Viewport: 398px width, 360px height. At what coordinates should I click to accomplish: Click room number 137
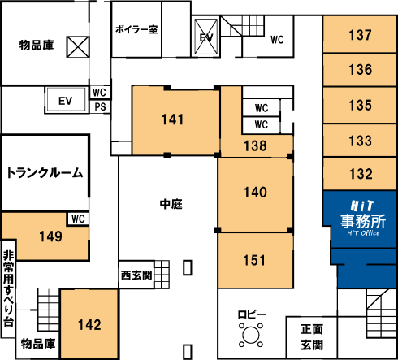point(360,35)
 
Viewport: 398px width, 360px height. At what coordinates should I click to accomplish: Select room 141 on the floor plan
point(172,119)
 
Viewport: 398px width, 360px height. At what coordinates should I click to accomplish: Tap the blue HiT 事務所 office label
point(363,219)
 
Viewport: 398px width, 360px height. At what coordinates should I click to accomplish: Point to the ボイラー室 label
point(136,29)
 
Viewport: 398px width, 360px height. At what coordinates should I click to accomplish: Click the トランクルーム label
point(45,172)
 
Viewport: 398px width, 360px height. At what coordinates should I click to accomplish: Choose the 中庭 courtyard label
point(171,204)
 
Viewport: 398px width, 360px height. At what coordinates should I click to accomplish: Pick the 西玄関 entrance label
point(136,275)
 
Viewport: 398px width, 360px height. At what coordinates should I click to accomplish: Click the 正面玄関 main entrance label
point(312,337)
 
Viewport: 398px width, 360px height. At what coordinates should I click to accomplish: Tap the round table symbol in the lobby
point(251,335)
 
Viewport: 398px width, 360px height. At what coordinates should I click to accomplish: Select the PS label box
point(100,106)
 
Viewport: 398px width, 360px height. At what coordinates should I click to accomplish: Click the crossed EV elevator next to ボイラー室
point(206,37)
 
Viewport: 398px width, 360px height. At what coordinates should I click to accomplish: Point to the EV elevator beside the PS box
point(66,101)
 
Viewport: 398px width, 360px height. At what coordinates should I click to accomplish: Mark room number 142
point(89,324)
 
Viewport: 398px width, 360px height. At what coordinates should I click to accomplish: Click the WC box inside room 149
point(78,219)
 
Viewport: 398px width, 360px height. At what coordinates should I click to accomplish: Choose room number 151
point(254,260)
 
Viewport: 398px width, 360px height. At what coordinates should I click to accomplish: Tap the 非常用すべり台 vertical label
point(8,288)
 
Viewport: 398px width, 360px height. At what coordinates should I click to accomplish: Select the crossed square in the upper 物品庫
point(78,46)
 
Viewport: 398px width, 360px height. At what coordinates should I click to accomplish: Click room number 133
point(360,141)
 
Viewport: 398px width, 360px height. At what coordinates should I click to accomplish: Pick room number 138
point(255,145)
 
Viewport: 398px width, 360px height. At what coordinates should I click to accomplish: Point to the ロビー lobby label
point(252,314)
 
